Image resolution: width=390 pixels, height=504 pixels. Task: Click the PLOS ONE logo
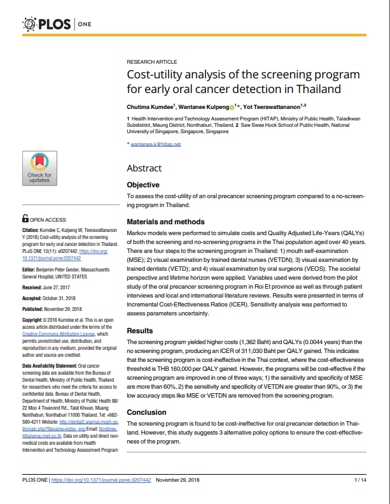(x=57, y=25)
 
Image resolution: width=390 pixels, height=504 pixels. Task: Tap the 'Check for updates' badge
(x=39, y=168)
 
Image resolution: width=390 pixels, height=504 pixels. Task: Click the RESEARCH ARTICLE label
(x=152, y=62)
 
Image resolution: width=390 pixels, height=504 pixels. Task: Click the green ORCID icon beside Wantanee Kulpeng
(x=232, y=106)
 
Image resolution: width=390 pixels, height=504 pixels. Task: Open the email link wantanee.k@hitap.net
(x=156, y=144)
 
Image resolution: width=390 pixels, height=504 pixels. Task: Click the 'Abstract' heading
(x=144, y=168)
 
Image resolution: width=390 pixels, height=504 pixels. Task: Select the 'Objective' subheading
(x=143, y=185)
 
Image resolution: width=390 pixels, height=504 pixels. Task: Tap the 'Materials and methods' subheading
(x=166, y=222)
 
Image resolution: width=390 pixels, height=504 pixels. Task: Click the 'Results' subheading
(x=140, y=331)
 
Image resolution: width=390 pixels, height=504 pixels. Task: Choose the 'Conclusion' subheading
(x=147, y=412)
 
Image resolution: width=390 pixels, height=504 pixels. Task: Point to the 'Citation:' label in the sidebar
(x=31, y=230)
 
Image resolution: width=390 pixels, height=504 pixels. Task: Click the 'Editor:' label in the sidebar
(x=29, y=270)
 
